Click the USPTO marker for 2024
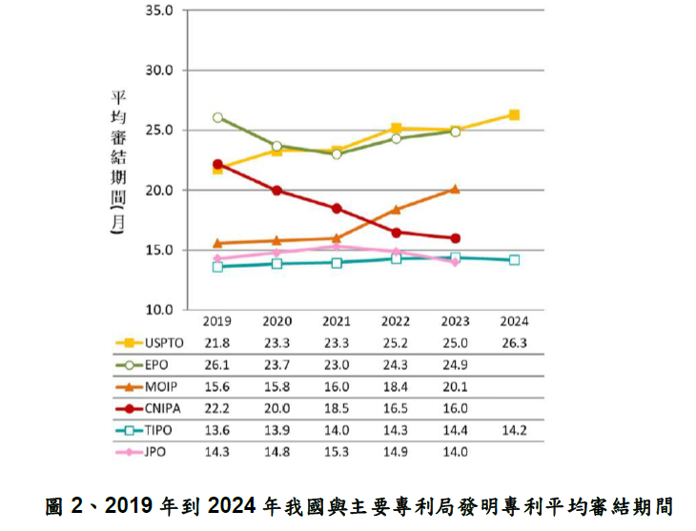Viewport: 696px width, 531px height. [515, 115]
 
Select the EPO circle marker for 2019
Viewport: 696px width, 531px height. [218, 117]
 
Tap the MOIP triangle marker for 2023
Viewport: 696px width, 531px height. [455, 189]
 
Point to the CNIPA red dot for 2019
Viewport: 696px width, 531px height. [218, 164]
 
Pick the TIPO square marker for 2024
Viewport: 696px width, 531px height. [515, 259]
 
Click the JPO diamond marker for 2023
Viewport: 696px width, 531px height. [455, 262]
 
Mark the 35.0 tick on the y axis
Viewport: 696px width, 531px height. [156, 11]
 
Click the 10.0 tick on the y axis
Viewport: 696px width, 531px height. [156, 310]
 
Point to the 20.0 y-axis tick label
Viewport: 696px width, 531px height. [156, 191]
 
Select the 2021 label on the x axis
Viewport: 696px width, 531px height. [337, 321]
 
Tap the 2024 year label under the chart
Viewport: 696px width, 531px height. [514, 321]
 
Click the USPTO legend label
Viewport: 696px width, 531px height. [165, 341]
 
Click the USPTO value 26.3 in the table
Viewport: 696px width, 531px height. [514, 341]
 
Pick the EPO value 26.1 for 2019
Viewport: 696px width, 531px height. [218, 363]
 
